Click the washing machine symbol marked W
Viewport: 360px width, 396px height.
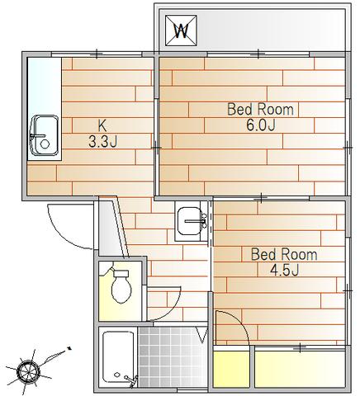point(181,31)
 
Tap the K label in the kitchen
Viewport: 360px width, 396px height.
point(102,126)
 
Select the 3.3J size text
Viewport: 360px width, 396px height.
point(103,142)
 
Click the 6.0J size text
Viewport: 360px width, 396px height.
point(261,125)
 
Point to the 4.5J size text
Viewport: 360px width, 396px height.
point(284,271)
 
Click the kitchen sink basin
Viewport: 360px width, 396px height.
point(44,135)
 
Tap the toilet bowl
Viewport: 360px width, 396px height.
point(121,286)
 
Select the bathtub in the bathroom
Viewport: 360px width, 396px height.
point(119,357)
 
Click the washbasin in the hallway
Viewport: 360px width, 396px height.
point(192,221)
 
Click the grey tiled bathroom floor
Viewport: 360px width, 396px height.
point(172,357)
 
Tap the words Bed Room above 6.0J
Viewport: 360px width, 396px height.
point(260,110)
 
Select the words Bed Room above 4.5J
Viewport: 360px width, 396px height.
point(284,255)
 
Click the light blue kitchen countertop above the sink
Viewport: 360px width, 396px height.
point(45,86)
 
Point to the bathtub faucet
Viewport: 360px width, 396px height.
point(130,380)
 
